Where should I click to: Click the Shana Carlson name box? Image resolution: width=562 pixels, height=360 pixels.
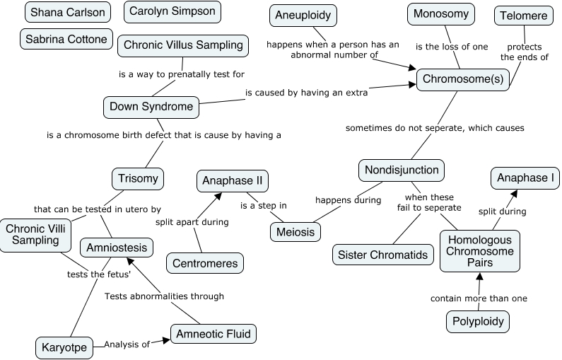click(x=67, y=13)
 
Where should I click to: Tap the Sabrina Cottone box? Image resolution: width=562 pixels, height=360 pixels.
click(x=66, y=39)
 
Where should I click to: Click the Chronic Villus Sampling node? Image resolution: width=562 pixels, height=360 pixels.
click(x=183, y=45)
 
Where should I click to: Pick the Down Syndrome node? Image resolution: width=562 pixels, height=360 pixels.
click(x=151, y=107)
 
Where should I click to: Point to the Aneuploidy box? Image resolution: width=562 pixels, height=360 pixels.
click(x=303, y=15)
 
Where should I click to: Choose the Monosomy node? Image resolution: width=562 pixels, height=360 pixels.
click(x=440, y=13)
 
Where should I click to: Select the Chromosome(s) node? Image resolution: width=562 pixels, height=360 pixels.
click(x=463, y=79)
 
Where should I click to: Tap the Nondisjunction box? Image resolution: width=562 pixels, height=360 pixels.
click(x=402, y=170)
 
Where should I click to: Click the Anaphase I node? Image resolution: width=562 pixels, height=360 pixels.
click(x=525, y=178)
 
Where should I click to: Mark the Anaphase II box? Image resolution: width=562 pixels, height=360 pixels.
click(x=233, y=180)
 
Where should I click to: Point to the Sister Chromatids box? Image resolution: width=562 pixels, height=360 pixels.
click(x=383, y=255)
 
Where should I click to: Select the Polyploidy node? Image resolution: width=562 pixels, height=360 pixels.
click(x=479, y=322)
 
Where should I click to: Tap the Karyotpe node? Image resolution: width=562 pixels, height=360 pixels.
click(x=64, y=347)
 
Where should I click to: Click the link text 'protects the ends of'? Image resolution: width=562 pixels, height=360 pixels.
click(x=524, y=52)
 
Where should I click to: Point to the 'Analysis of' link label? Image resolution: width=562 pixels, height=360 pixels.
click(x=127, y=344)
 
